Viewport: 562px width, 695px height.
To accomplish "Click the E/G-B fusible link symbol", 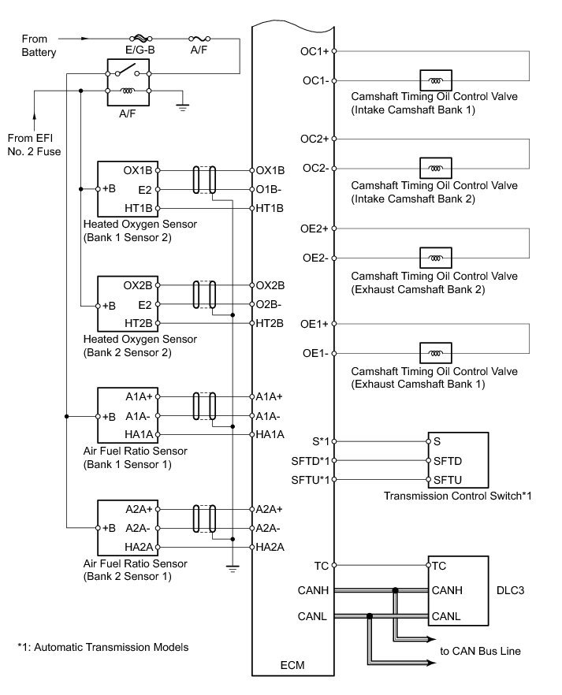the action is [140, 39].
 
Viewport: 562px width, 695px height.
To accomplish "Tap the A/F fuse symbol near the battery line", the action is [199, 39].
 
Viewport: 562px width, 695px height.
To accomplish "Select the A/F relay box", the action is [128, 82].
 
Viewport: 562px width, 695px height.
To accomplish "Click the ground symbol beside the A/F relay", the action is [182, 106].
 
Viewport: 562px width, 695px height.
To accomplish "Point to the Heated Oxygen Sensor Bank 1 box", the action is [128, 189].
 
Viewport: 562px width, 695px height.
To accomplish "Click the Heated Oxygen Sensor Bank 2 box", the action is [128, 304].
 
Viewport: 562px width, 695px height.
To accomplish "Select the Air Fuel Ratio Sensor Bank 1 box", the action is [128, 415].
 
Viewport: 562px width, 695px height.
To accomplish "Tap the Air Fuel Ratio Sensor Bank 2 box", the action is [128, 528].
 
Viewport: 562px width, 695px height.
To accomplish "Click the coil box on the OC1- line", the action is [436, 80].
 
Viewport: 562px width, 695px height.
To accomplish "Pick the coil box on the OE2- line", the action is [436, 258].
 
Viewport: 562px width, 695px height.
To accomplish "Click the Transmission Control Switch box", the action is [458, 460].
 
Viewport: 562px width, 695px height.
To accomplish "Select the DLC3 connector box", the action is [458, 591].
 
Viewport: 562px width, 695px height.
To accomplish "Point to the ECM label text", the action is [292, 665].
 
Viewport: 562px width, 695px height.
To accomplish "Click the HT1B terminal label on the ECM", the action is [270, 208].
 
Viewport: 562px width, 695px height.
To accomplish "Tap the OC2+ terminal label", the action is [314, 139].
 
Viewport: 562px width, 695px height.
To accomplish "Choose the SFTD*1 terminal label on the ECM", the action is [311, 461].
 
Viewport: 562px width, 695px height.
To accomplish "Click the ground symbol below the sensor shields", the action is [233, 568].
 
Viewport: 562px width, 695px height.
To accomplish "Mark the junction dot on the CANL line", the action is [370, 616].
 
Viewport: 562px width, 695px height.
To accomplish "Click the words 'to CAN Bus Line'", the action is [481, 651].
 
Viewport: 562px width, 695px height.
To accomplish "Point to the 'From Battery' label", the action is [39, 46].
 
